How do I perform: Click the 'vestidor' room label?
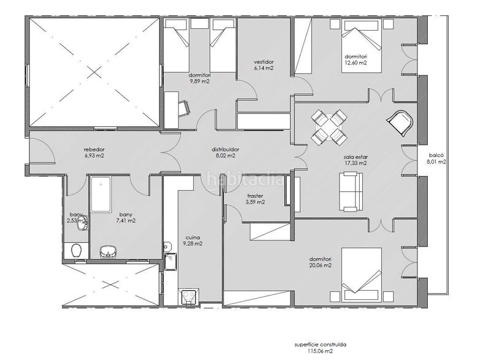(x=264, y=62)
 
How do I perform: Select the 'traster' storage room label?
(x=255, y=196)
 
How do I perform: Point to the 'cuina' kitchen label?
(x=193, y=237)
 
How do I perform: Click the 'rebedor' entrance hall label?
(x=95, y=150)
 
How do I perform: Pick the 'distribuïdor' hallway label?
(x=225, y=150)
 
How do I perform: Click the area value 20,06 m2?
(x=320, y=266)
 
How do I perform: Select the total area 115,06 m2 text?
(x=320, y=351)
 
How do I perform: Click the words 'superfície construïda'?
(x=320, y=345)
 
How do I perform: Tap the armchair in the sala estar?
(x=401, y=123)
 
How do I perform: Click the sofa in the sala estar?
(x=351, y=191)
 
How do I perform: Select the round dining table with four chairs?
(x=329, y=128)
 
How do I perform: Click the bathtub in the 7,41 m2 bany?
(x=101, y=194)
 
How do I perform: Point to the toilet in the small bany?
(x=76, y=251)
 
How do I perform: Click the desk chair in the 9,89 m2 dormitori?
(x=184, y=108)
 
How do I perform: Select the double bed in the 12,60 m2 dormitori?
(x=361, y=46)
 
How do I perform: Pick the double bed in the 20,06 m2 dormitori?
(x=361, y=275)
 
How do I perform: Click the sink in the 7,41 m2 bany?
(x=109, y=252)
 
